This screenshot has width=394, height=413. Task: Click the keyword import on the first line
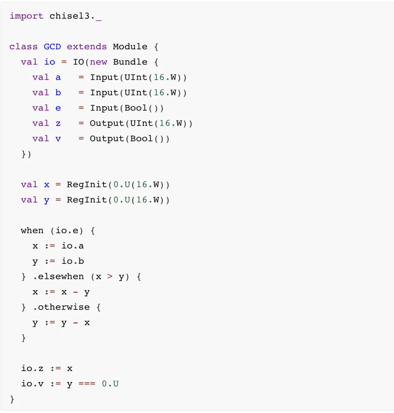pyautogui.click(x=26, y=16)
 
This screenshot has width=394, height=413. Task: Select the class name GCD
pyautogui.click(x=52, y=47)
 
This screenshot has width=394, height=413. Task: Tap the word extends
pyautogui.click(x=87, y=47)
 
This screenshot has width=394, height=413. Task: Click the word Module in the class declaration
pyautogui.click(x=130, y=47)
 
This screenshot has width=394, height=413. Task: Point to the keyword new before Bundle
pyautogui.click(x=98, y=62)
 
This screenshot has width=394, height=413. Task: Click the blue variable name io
pyautogui.click(x=50, y=62)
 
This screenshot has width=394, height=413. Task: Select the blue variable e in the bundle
pyautogui.click(x=58, y=108)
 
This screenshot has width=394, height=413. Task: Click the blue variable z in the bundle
pyautogui.click(x=58, y=124)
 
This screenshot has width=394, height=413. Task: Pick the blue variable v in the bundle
pyautogui.click(x=58, y=139)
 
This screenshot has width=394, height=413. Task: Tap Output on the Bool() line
pyautogui.click(x=107, y=139)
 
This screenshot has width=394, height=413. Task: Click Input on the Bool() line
pyautogui.click(x=104, y=108)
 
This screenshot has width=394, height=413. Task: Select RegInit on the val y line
pyautogui.click(x=87, y=200)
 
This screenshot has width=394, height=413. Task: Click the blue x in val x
pyautogui.click(x=47, y=185)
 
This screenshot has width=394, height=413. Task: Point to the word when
pyautogui.click(x=32, y=231)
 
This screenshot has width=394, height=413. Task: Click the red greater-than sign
pyautogui.click(x=110, y=277)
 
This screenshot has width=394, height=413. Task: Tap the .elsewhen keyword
pyautogui.click(x=58, y=277)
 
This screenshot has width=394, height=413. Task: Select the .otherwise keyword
pyautogui.click(x=61, y=307)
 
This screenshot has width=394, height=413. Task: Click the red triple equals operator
pyautogui.click(x=87, y=384)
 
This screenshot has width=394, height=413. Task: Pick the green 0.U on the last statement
pyautogui.click(x=110, y=384)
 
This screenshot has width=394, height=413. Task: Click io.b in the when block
pyautogui.click(x=73, y=261)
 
